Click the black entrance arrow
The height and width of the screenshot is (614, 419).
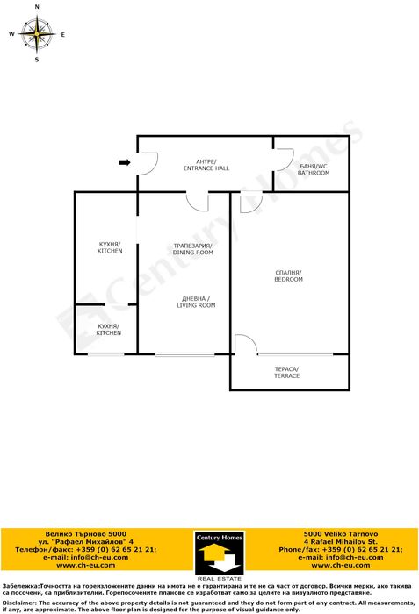[125, 162]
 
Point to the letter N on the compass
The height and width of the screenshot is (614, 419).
[37, 7]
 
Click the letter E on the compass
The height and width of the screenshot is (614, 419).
[62, 34]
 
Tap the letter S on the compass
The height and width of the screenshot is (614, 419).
[37, 60]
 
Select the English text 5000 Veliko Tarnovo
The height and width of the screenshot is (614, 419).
[341, 533]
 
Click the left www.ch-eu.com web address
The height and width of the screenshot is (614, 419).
[85, 565]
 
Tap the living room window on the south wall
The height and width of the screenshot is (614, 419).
[184, 354]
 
